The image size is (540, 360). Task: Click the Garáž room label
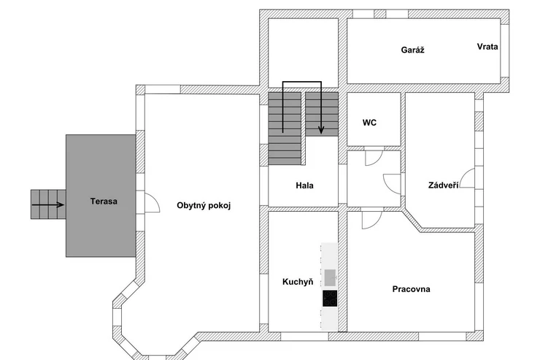coord(412,50)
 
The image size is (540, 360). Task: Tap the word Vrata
coord(487,47)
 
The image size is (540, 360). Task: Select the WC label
coord(369,123)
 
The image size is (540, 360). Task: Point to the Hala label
coord(304,185)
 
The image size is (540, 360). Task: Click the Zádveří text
coord(443,186)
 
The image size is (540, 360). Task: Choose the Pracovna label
coord(411,289)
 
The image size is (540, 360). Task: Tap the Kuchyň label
coord(298,281)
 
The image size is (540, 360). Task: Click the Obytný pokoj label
coord(204,205)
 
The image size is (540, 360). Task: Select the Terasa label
coord(104,201)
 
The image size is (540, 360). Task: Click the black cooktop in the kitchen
coord(330,299)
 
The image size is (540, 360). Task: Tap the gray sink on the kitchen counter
coord(330,277)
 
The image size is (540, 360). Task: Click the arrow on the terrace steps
coord(47,205)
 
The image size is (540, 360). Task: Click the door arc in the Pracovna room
coord(371,218)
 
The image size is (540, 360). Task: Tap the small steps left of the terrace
coord(47,204)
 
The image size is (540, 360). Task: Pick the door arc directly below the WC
coord(373,158)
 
